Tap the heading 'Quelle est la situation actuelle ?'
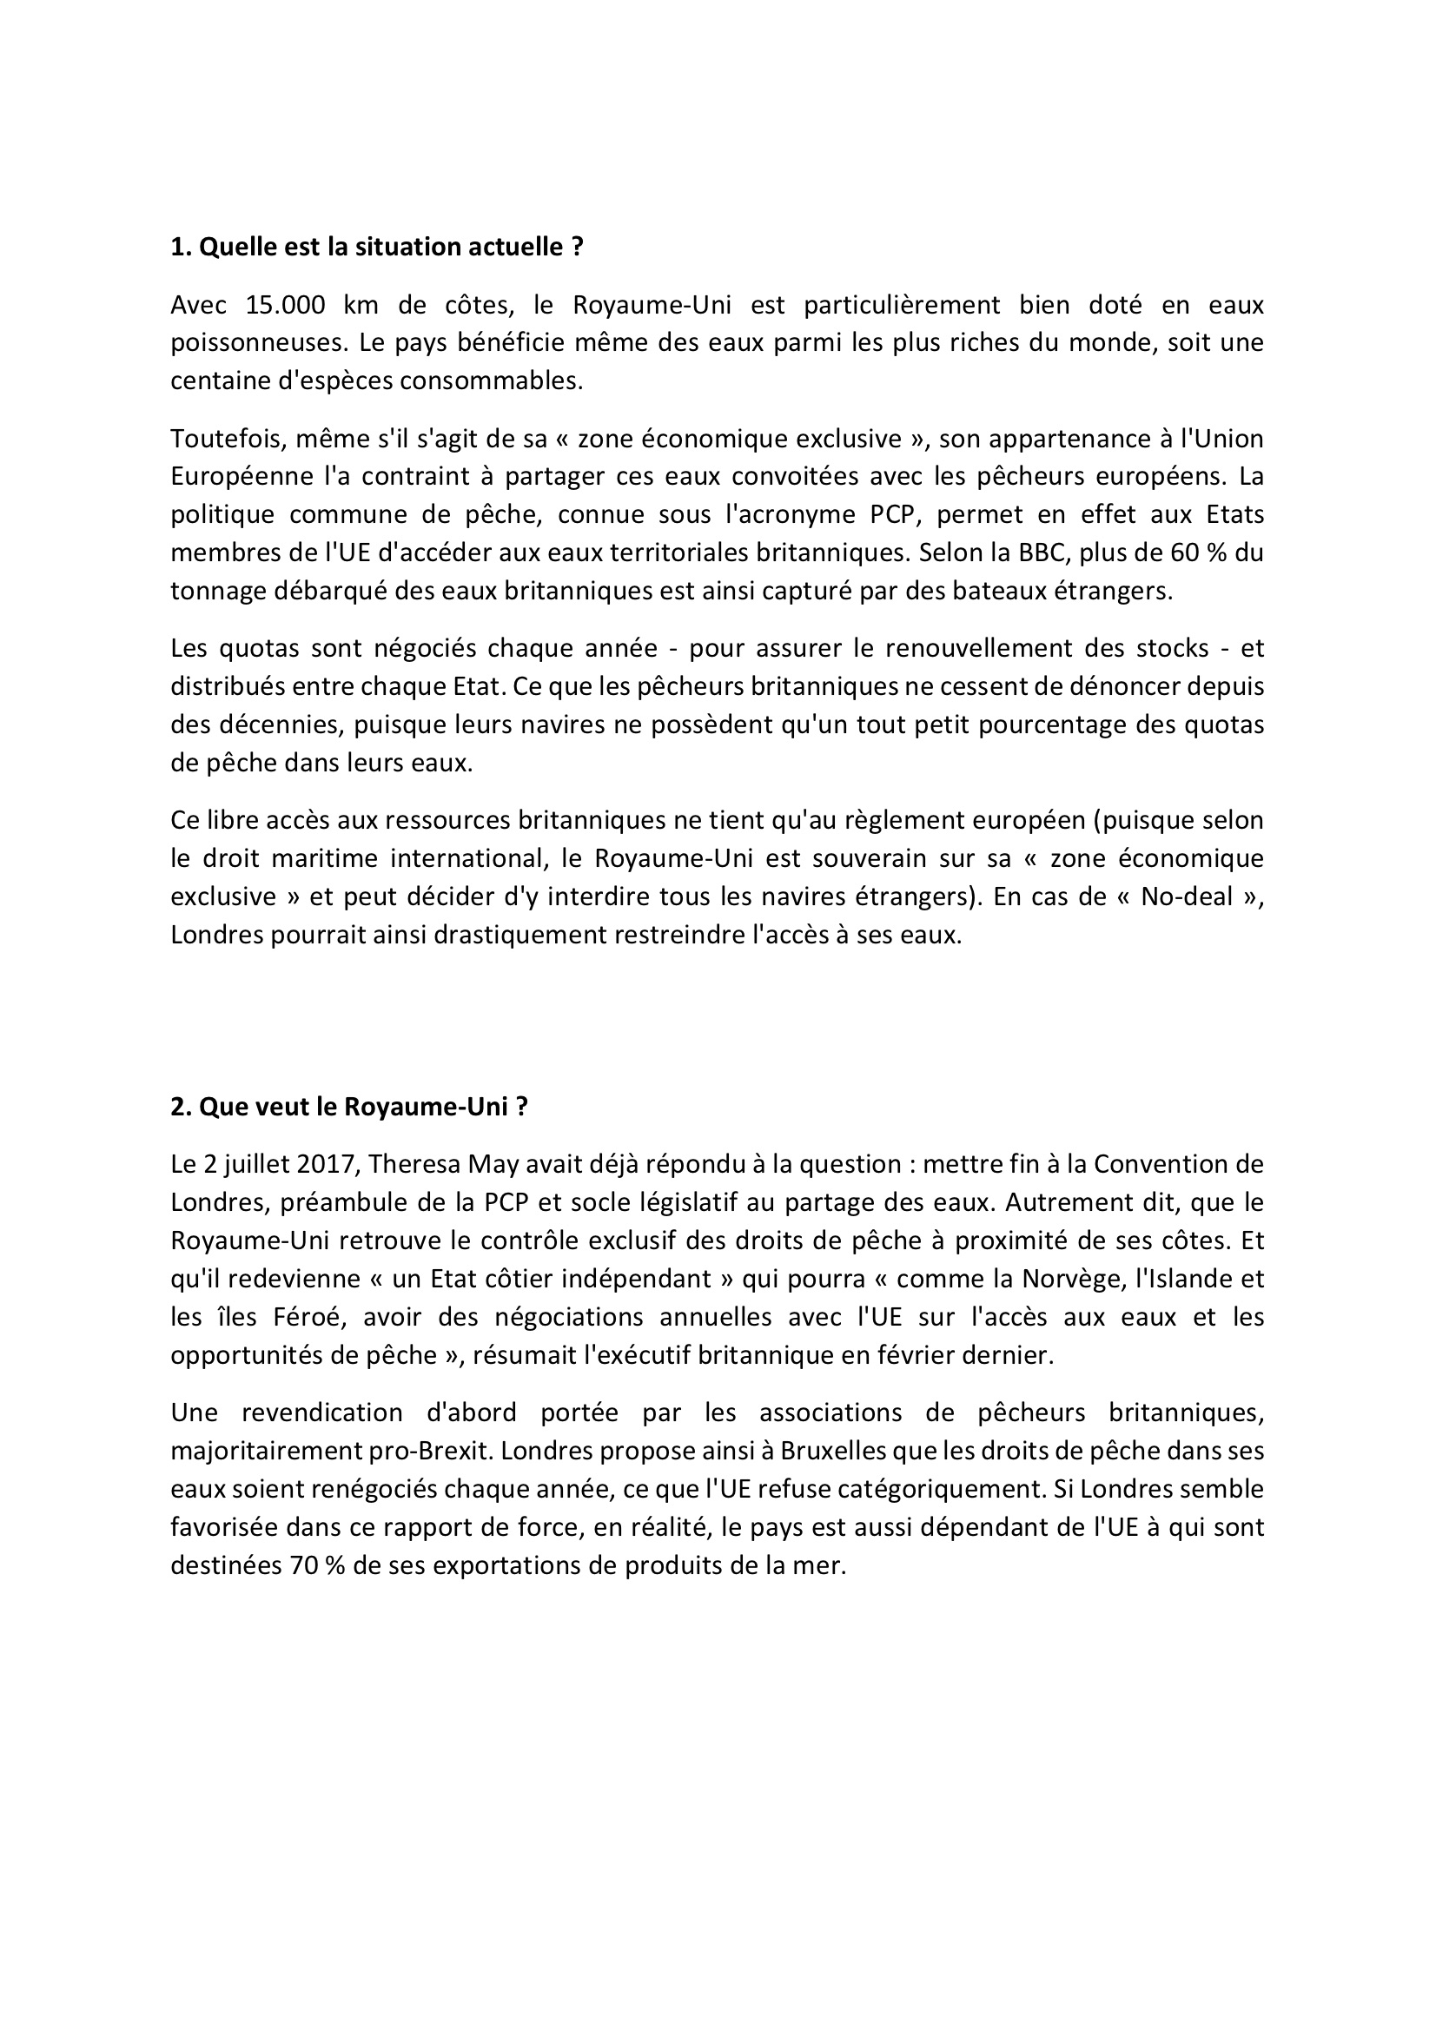click(x=377, y=247)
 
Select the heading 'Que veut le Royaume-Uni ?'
click(x=349, y=1107)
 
